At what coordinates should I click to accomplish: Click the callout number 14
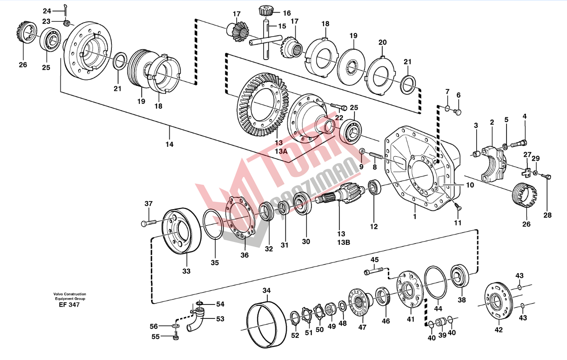[169, 145]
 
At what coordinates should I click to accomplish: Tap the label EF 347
[69, 305]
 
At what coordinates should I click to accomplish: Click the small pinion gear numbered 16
[265, 11]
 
